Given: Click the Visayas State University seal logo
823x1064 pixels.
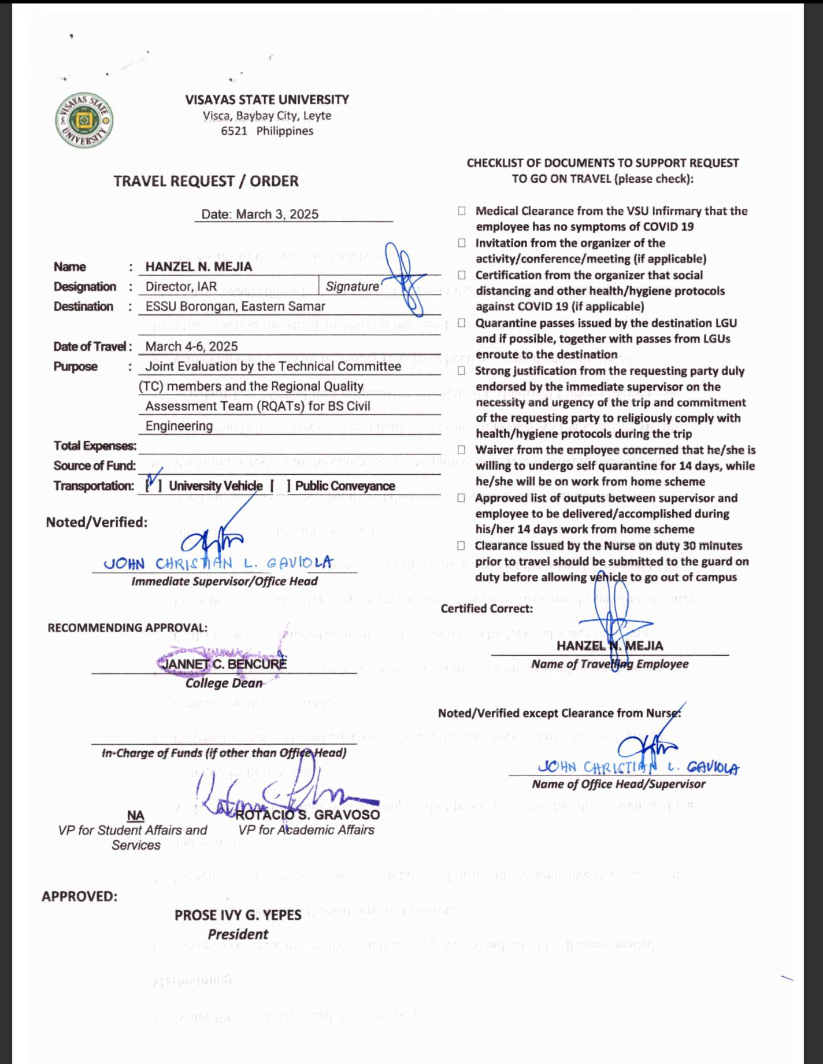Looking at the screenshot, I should (x=84, y=120).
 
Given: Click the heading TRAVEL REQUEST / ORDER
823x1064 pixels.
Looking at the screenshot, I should (x=206, y=181).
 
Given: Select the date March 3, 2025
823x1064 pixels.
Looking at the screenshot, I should (x=259, y=214).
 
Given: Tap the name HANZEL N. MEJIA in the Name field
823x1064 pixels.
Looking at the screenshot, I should (x=199, y=267).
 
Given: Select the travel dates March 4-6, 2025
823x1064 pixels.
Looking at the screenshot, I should (x=191, y=346).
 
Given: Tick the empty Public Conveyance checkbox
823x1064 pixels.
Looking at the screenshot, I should (x=280, y=486).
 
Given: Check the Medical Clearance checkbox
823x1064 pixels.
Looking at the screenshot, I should (x=461, y=211).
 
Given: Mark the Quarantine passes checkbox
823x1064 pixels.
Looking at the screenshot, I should (x=461, y=323).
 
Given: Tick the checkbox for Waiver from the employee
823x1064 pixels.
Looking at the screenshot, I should (x=461, y=450).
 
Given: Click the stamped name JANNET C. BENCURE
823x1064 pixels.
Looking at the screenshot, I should (x=224, y=664).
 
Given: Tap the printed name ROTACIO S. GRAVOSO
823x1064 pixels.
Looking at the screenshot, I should (x=307, y=815).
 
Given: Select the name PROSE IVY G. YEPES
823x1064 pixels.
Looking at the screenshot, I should (x=238, y=915).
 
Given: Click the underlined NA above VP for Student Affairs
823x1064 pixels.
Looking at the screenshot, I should (x=135, y=815).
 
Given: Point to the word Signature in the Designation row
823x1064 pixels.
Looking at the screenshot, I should (x=352, y=287).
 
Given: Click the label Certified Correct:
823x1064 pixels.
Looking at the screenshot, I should (x=487, y=608).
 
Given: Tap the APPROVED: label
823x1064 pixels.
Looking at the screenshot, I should (x=79, y=896).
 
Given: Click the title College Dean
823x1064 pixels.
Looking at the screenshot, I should (x=224, y=684).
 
